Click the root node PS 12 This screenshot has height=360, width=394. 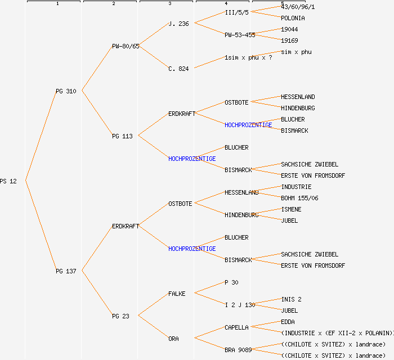[x=8, y=181]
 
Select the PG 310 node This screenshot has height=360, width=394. [x=66, y=91]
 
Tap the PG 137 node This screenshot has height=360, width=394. [x=66, y=271]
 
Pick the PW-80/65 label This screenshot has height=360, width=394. [x=126, y=46]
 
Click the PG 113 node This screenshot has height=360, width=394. [x=122, y=136]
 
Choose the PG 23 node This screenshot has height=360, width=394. [x=120, y=316]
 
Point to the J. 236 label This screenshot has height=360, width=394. [x=178, y=24]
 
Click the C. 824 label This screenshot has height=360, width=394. [x=178, y=69]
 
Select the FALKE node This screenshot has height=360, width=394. [x=177, y=294]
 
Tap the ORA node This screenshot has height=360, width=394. [x=173, y=339]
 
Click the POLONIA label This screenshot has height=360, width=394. [x=293, y=18]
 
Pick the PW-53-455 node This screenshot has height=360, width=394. [x=240, y=35]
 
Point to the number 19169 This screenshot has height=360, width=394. [x=289, y=40]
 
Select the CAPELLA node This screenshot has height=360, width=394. [x=236, y=327]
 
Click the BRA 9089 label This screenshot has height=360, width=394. [x=238, y=350]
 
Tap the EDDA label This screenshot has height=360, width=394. [x=288, y=322]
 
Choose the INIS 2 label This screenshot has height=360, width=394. [x=291, y=299]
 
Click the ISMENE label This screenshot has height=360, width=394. [x=291, y=209]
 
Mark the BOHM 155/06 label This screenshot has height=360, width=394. [x=299, y=198]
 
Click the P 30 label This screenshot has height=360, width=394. [x=231, y=282]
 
